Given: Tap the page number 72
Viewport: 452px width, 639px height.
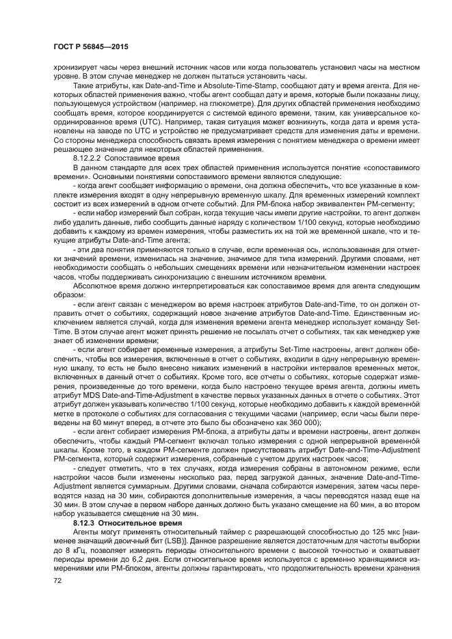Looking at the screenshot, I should (57, 581).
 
